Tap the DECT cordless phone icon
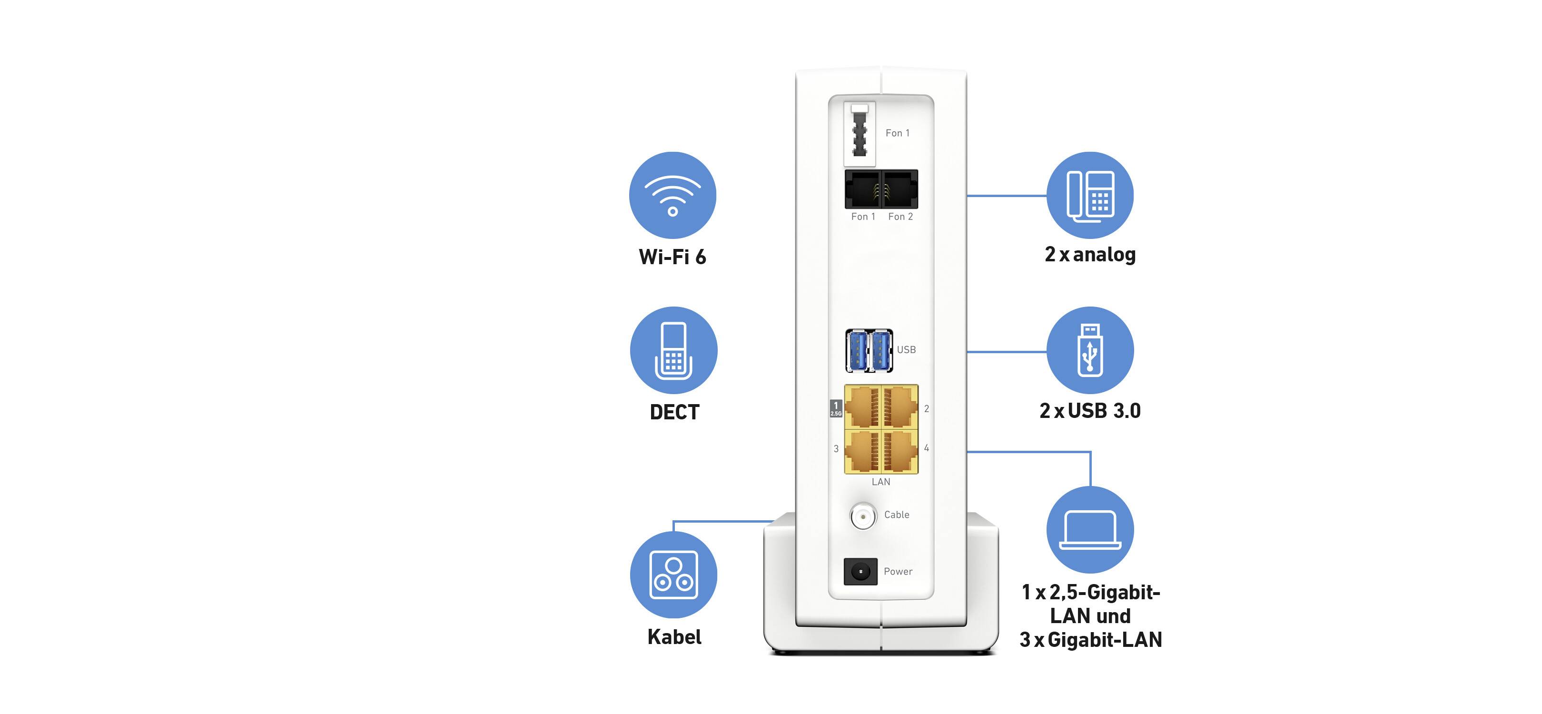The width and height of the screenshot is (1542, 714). pyautogui.click(x=673, y=351)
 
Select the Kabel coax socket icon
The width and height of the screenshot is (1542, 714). pyautogui.click(x=673, y=575)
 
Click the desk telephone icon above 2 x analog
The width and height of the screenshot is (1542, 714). pyautogui.click(x=1090, y=195)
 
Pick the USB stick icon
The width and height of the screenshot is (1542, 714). pyautogui.click(x=1090, y=351)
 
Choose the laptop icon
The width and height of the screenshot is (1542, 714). pyautogui.click(x=1090, y=530)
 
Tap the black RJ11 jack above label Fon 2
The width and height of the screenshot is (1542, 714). pyautogui.click(x=899, y=189)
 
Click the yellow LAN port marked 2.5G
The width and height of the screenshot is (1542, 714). pyautogui.click(x=862, y=407)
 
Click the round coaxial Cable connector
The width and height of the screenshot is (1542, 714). pyautogui.click(x=862, y=516)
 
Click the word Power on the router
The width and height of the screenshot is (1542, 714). pyautogui.click(x=898, y=572)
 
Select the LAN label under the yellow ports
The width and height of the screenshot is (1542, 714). pyautogui.click(x=880, y=482)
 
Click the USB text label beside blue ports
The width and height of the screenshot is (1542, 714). pyautogui.click(x=906, y=349)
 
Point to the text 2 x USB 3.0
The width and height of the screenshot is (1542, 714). pyautogui.click(x=1090, y=411)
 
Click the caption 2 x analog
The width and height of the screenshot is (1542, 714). pyautogui.click(x=1090, y=254)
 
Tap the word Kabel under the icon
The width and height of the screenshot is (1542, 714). pyautogui.click(x=674, y=637)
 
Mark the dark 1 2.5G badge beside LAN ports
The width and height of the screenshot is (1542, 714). pyautogui.click(x=836, y=408)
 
